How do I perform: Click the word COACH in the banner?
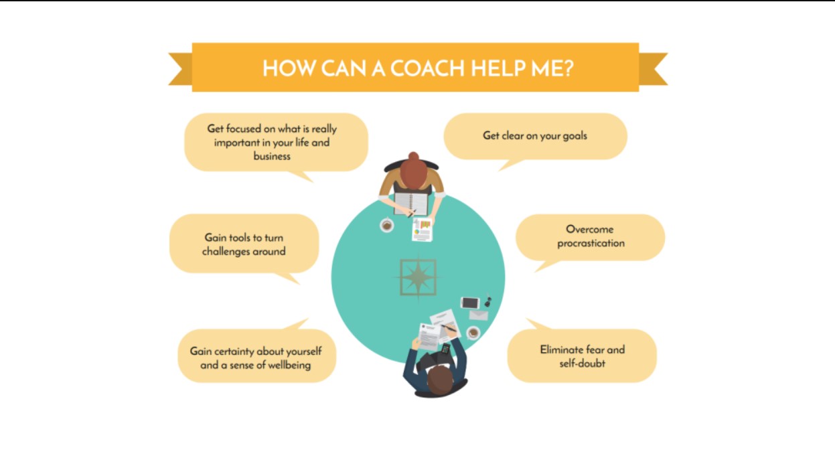click(x=427, y=68)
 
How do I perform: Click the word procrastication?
click(x=591, y=244)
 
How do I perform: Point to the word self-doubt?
click(x=583, y=363)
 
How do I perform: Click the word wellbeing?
click(x=289, y=365)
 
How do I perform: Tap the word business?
click(x=272, y=156)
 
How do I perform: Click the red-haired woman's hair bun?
click(x=413, y=155)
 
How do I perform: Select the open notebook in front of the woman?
click(x=410, y=204)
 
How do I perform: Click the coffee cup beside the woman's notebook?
click(x=386, y=225)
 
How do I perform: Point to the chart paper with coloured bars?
click(x=423, y=229)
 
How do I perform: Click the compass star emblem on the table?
click(x=419, y=277)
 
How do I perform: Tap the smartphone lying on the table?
click(x=470, y=303)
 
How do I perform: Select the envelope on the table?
click(x=479, y=315)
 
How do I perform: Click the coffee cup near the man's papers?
click(x=473, y=333)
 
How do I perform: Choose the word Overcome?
click(x=589, y=229)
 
